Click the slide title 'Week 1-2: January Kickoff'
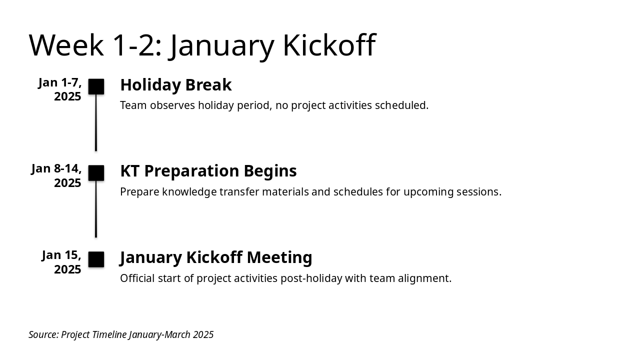point(202,45)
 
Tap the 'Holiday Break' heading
point(176,85)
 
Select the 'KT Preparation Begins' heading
point(208,171)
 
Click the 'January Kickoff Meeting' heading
point(215,257)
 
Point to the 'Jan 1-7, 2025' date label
point(59,89)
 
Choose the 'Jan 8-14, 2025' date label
point(56,175)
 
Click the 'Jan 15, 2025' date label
point(61,262)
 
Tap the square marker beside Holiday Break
point(96,86)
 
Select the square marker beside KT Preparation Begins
point(96,173)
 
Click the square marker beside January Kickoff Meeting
point(96,259)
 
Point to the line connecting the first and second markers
point(96,122)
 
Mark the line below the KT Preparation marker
point(96,209)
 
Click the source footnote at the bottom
point(121,334)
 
